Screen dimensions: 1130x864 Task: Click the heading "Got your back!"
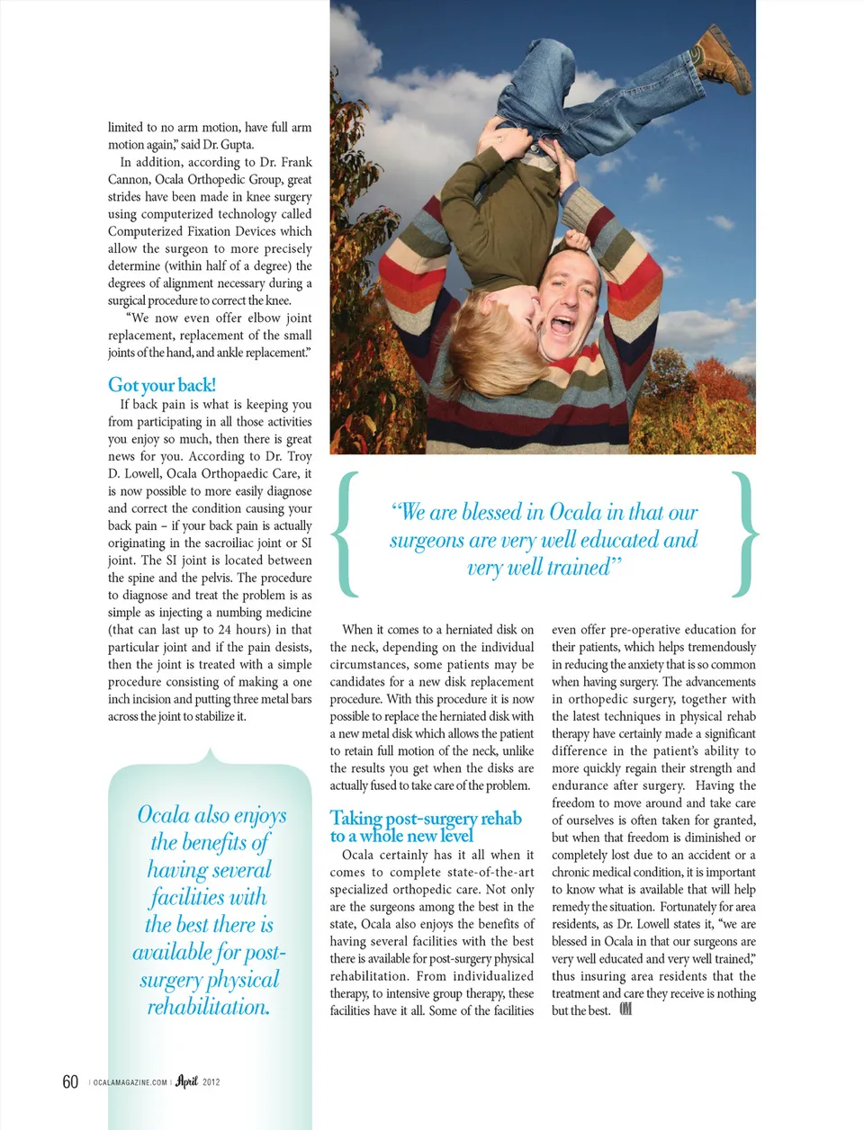tap(162, 385)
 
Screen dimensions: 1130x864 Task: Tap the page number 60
tap(70, 1081)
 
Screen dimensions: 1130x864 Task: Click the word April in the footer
tap(186, 1081)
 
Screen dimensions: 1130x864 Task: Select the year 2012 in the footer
tap(211, 1082)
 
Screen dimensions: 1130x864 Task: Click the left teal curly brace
tap(345, 534)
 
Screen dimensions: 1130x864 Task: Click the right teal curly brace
tap(746, 534)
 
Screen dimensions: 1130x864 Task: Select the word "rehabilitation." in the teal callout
tap(209, 1007)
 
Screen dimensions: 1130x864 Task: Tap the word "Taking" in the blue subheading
tap(355, 818)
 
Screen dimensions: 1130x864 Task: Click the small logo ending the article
tap(625, 1009)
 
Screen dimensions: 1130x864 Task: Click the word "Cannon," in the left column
tap(129, 180)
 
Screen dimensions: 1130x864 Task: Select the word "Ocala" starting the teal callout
tap(164, 815)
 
